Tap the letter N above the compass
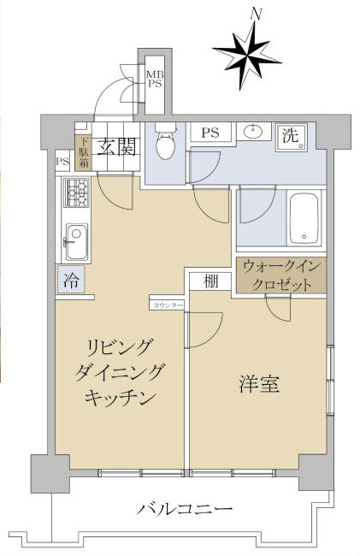pos(254,13)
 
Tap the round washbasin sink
pos(252,132)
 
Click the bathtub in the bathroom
pos(304,217)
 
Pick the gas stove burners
pos(72,198)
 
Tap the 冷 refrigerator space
pos(71,278)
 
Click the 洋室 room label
pos(257,385)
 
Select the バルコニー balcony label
pos(185,511)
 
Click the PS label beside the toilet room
pos(210,133)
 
